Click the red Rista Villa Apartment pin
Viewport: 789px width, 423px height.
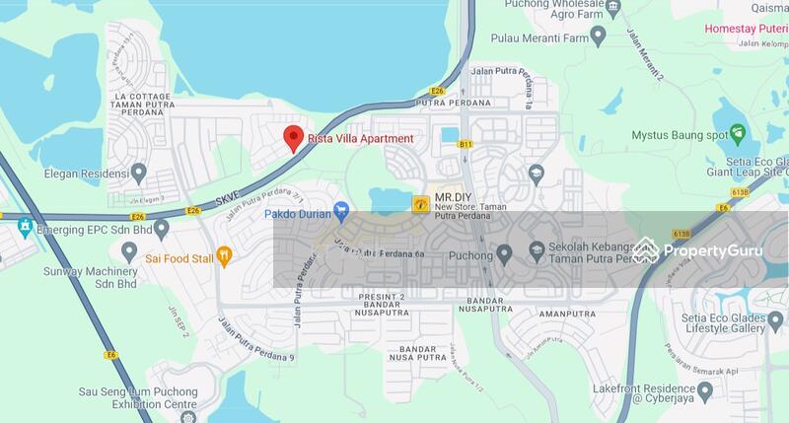(293, 138)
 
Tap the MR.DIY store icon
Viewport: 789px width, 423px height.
(421, 203)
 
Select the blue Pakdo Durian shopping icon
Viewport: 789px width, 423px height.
(342, 210)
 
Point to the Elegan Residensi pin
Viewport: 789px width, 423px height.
(139, 174)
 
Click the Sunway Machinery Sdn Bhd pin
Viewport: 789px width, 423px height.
(128, 252)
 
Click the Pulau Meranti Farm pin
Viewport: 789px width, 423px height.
(598, 36)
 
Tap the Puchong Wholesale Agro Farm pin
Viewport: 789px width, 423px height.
(613, 7)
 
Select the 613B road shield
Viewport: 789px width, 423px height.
(681, 234)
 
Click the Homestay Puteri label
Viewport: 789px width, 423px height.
(746, 29)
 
